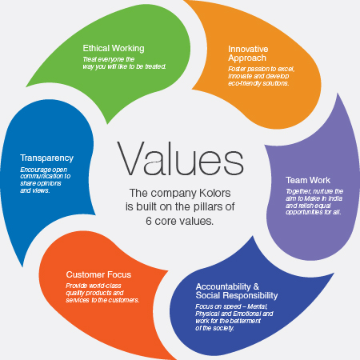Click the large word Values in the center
(x=180, y=158)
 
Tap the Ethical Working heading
(x=114, y=48)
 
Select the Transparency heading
(x=47, y=158)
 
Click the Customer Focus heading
(x=98, y=274)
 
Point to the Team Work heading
(x=308, y=180)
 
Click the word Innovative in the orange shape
(x=248, y=49)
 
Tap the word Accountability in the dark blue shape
(x=223, y=286)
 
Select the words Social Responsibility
(x=237, y=295)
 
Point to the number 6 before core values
(x=149, y=221)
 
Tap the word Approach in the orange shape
(x=247, y=58)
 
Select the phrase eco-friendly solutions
(x=258, y=83)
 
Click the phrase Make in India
(x=323, y=198)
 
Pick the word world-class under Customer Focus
(x=105, y=286)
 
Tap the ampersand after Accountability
(x=256, y=286)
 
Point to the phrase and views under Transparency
(x=35, y=190)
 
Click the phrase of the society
(x=214, y=328)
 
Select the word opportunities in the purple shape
(x=304, y=213)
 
